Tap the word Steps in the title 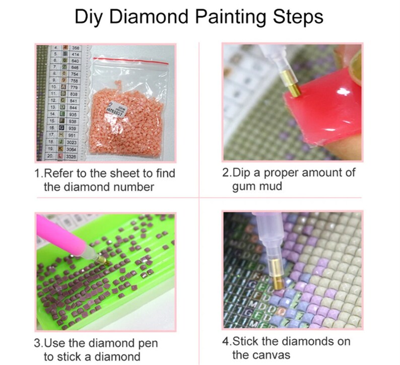click(x=294, y=17)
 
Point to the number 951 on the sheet click(x=76, y=135)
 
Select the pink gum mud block click(x=322, y=113)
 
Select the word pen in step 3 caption click(x=147, y=344)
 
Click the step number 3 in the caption click(x=38, y=344)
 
